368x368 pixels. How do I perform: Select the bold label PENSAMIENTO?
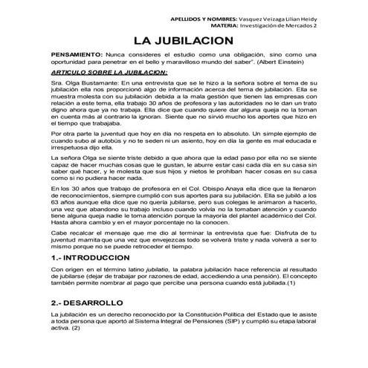coord(78,55)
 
